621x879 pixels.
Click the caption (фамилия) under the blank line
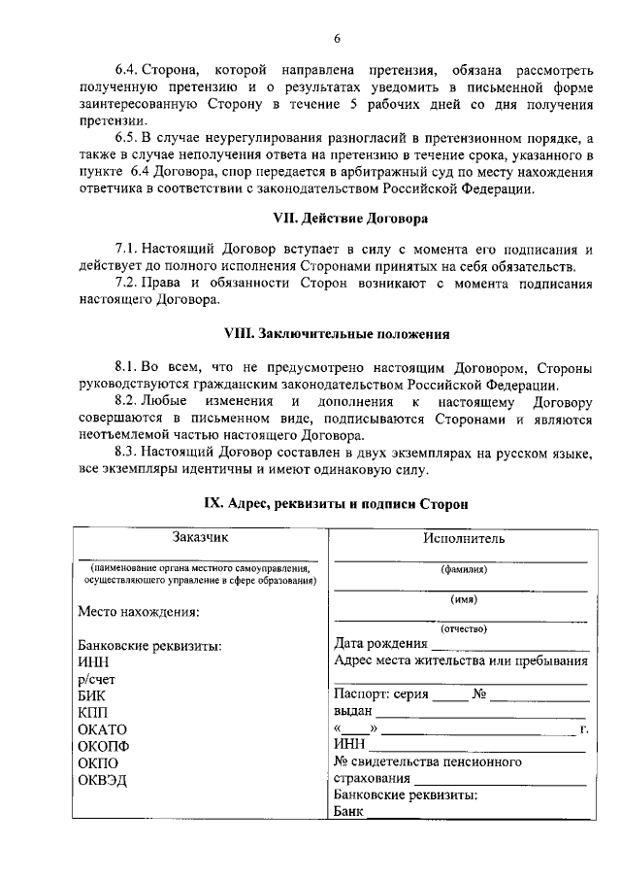(x=463, y=570)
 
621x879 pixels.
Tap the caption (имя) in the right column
(x=463, y=599)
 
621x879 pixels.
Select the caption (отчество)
(x=463, y=628)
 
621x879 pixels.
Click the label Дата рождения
(x=380, y=643)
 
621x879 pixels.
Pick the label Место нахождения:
(x=138, y=612)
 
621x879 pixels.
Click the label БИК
(x=91, y=695)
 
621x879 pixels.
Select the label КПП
(x=92, y=712)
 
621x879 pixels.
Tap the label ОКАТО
(x=102, y=728)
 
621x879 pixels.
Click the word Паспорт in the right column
(x=362, y=693)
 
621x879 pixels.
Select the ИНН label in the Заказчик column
(x=93, y=662)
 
